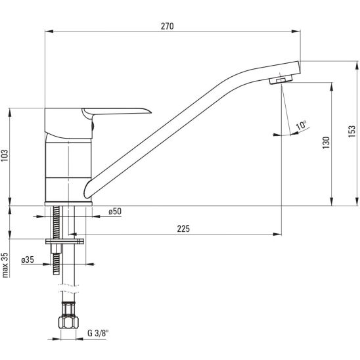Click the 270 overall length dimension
[167, 26]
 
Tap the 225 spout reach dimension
[183, 229]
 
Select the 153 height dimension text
[351, 131]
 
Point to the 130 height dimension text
[326, 143]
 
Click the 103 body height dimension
[5, 156]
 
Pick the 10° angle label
[302, 125]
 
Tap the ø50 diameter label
[115, 212]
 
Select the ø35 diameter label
[28, 260]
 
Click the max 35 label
[5, 265]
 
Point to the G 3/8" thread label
[98, 333]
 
